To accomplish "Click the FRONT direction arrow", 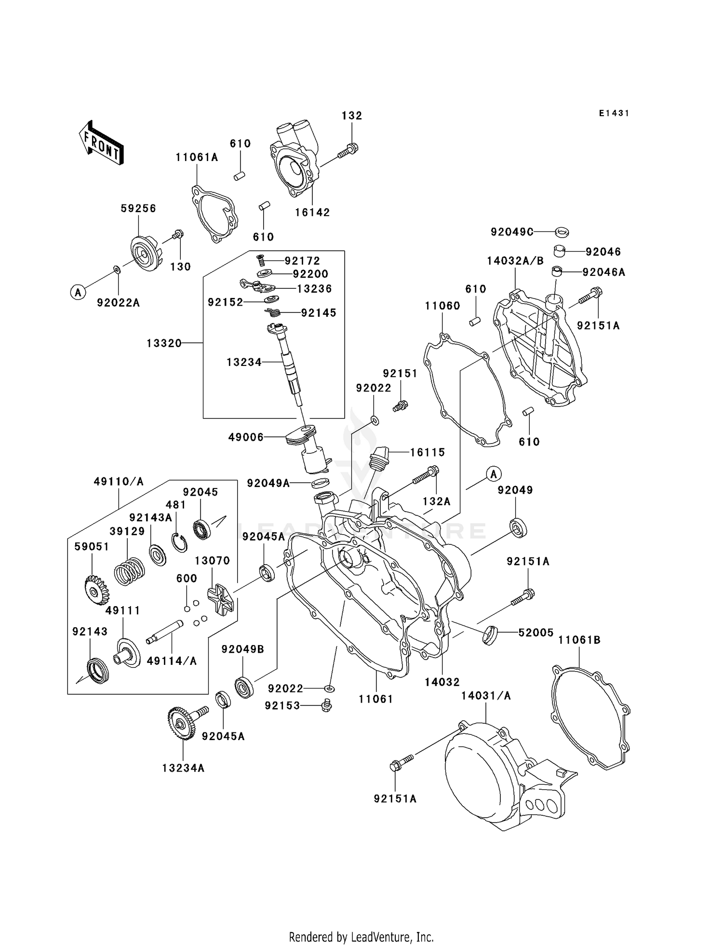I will coord(102,143).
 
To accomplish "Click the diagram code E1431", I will coord(614,113).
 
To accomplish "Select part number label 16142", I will coord(312,213).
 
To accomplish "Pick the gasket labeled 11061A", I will coord(214,216).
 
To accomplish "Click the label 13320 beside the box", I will coord(164,343).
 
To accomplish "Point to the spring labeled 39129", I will coord(129,572).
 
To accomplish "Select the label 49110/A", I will coord(119,482).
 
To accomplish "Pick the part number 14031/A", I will coord(485,696).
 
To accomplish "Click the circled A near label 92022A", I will coord(78,292).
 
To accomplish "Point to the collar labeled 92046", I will coord(559,251).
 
